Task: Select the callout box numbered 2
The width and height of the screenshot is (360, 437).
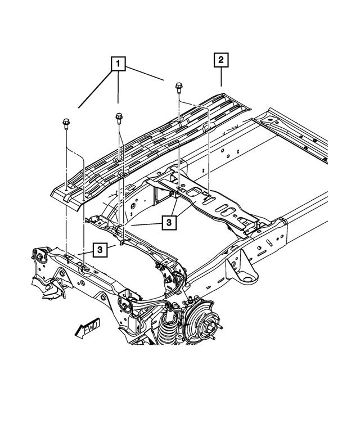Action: pyautogui.click(x=221, y=60)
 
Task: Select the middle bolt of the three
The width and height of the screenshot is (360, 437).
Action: pyautogui.click(x=118, y=118)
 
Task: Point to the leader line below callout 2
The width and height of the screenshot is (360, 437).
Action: pyautogui.click(x=221, y=77)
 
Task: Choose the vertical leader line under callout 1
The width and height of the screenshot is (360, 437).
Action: pyautogui.click(x=118, y=87)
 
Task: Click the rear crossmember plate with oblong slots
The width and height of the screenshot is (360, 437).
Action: pyautogui.click(x=214, y=202)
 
